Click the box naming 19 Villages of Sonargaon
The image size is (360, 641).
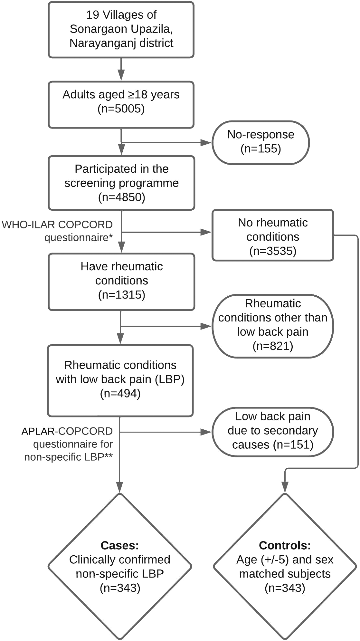point(121,30)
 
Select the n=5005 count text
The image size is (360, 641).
point(121,109)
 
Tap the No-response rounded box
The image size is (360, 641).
point(261,142)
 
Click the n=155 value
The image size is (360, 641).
point(261,149)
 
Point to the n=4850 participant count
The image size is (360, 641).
point(121,197)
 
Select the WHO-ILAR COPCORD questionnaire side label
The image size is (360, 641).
point(57,231)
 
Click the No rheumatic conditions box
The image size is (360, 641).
point(273,235)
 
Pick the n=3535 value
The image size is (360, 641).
point(273,251)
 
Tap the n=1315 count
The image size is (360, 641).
point(121,295)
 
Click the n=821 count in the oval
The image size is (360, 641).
point(273,346)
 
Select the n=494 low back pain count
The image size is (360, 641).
point(120,393)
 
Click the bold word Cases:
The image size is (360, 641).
point(119,545)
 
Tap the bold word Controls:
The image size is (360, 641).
point(285,545)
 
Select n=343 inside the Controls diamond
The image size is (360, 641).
point(285,588)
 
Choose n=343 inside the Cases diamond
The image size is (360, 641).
point(120,588)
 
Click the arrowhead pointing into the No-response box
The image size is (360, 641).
point(206,143)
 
